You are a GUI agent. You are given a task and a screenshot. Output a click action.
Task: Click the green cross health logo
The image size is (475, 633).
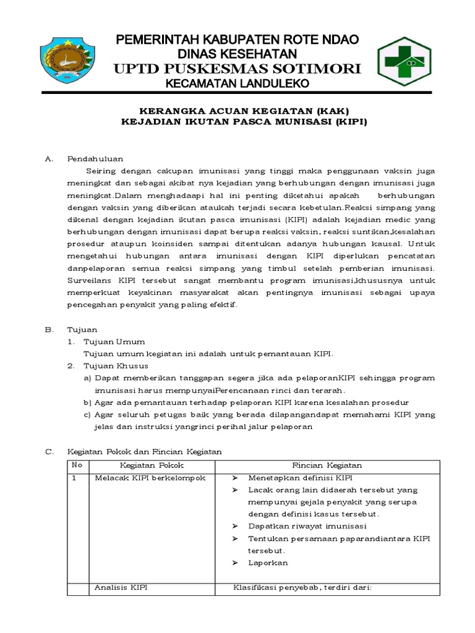[x=406, y=61]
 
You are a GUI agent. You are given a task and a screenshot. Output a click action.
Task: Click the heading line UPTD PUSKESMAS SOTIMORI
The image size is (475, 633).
[x=237, y=68]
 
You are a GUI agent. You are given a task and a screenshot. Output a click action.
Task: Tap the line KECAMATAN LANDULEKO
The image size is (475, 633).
[x=237, y=83]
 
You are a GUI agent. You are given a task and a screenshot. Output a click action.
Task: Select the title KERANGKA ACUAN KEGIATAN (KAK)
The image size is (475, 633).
[x=243, y=111]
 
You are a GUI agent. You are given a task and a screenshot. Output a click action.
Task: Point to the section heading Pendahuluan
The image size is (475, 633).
[x=95, y=159]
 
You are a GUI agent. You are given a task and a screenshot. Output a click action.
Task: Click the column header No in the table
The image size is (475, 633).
[x=77, y=465]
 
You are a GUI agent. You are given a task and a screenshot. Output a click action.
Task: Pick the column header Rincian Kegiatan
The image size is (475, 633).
[x=327, y=465]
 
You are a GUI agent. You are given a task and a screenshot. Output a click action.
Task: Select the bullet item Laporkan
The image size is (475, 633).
[x=268, y=563]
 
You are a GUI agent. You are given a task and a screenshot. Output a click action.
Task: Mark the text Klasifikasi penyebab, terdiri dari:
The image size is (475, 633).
[x=302, y=588]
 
